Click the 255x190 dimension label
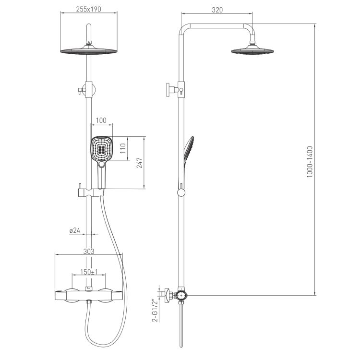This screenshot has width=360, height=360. [x=88, y=9]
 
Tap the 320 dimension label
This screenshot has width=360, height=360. [x=217, y=10]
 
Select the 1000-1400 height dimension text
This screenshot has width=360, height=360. [x=310, y=162]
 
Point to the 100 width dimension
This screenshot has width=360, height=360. [x=101, y=120]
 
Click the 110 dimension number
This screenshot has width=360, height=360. [x=123, y=148]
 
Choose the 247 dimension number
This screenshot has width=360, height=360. [x=140, y=163]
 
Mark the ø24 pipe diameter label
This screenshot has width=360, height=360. [x=75, y=230]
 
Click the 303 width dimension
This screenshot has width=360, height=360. [x=89, y=252]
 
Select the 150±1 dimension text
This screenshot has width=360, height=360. [x=89, y=272]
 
